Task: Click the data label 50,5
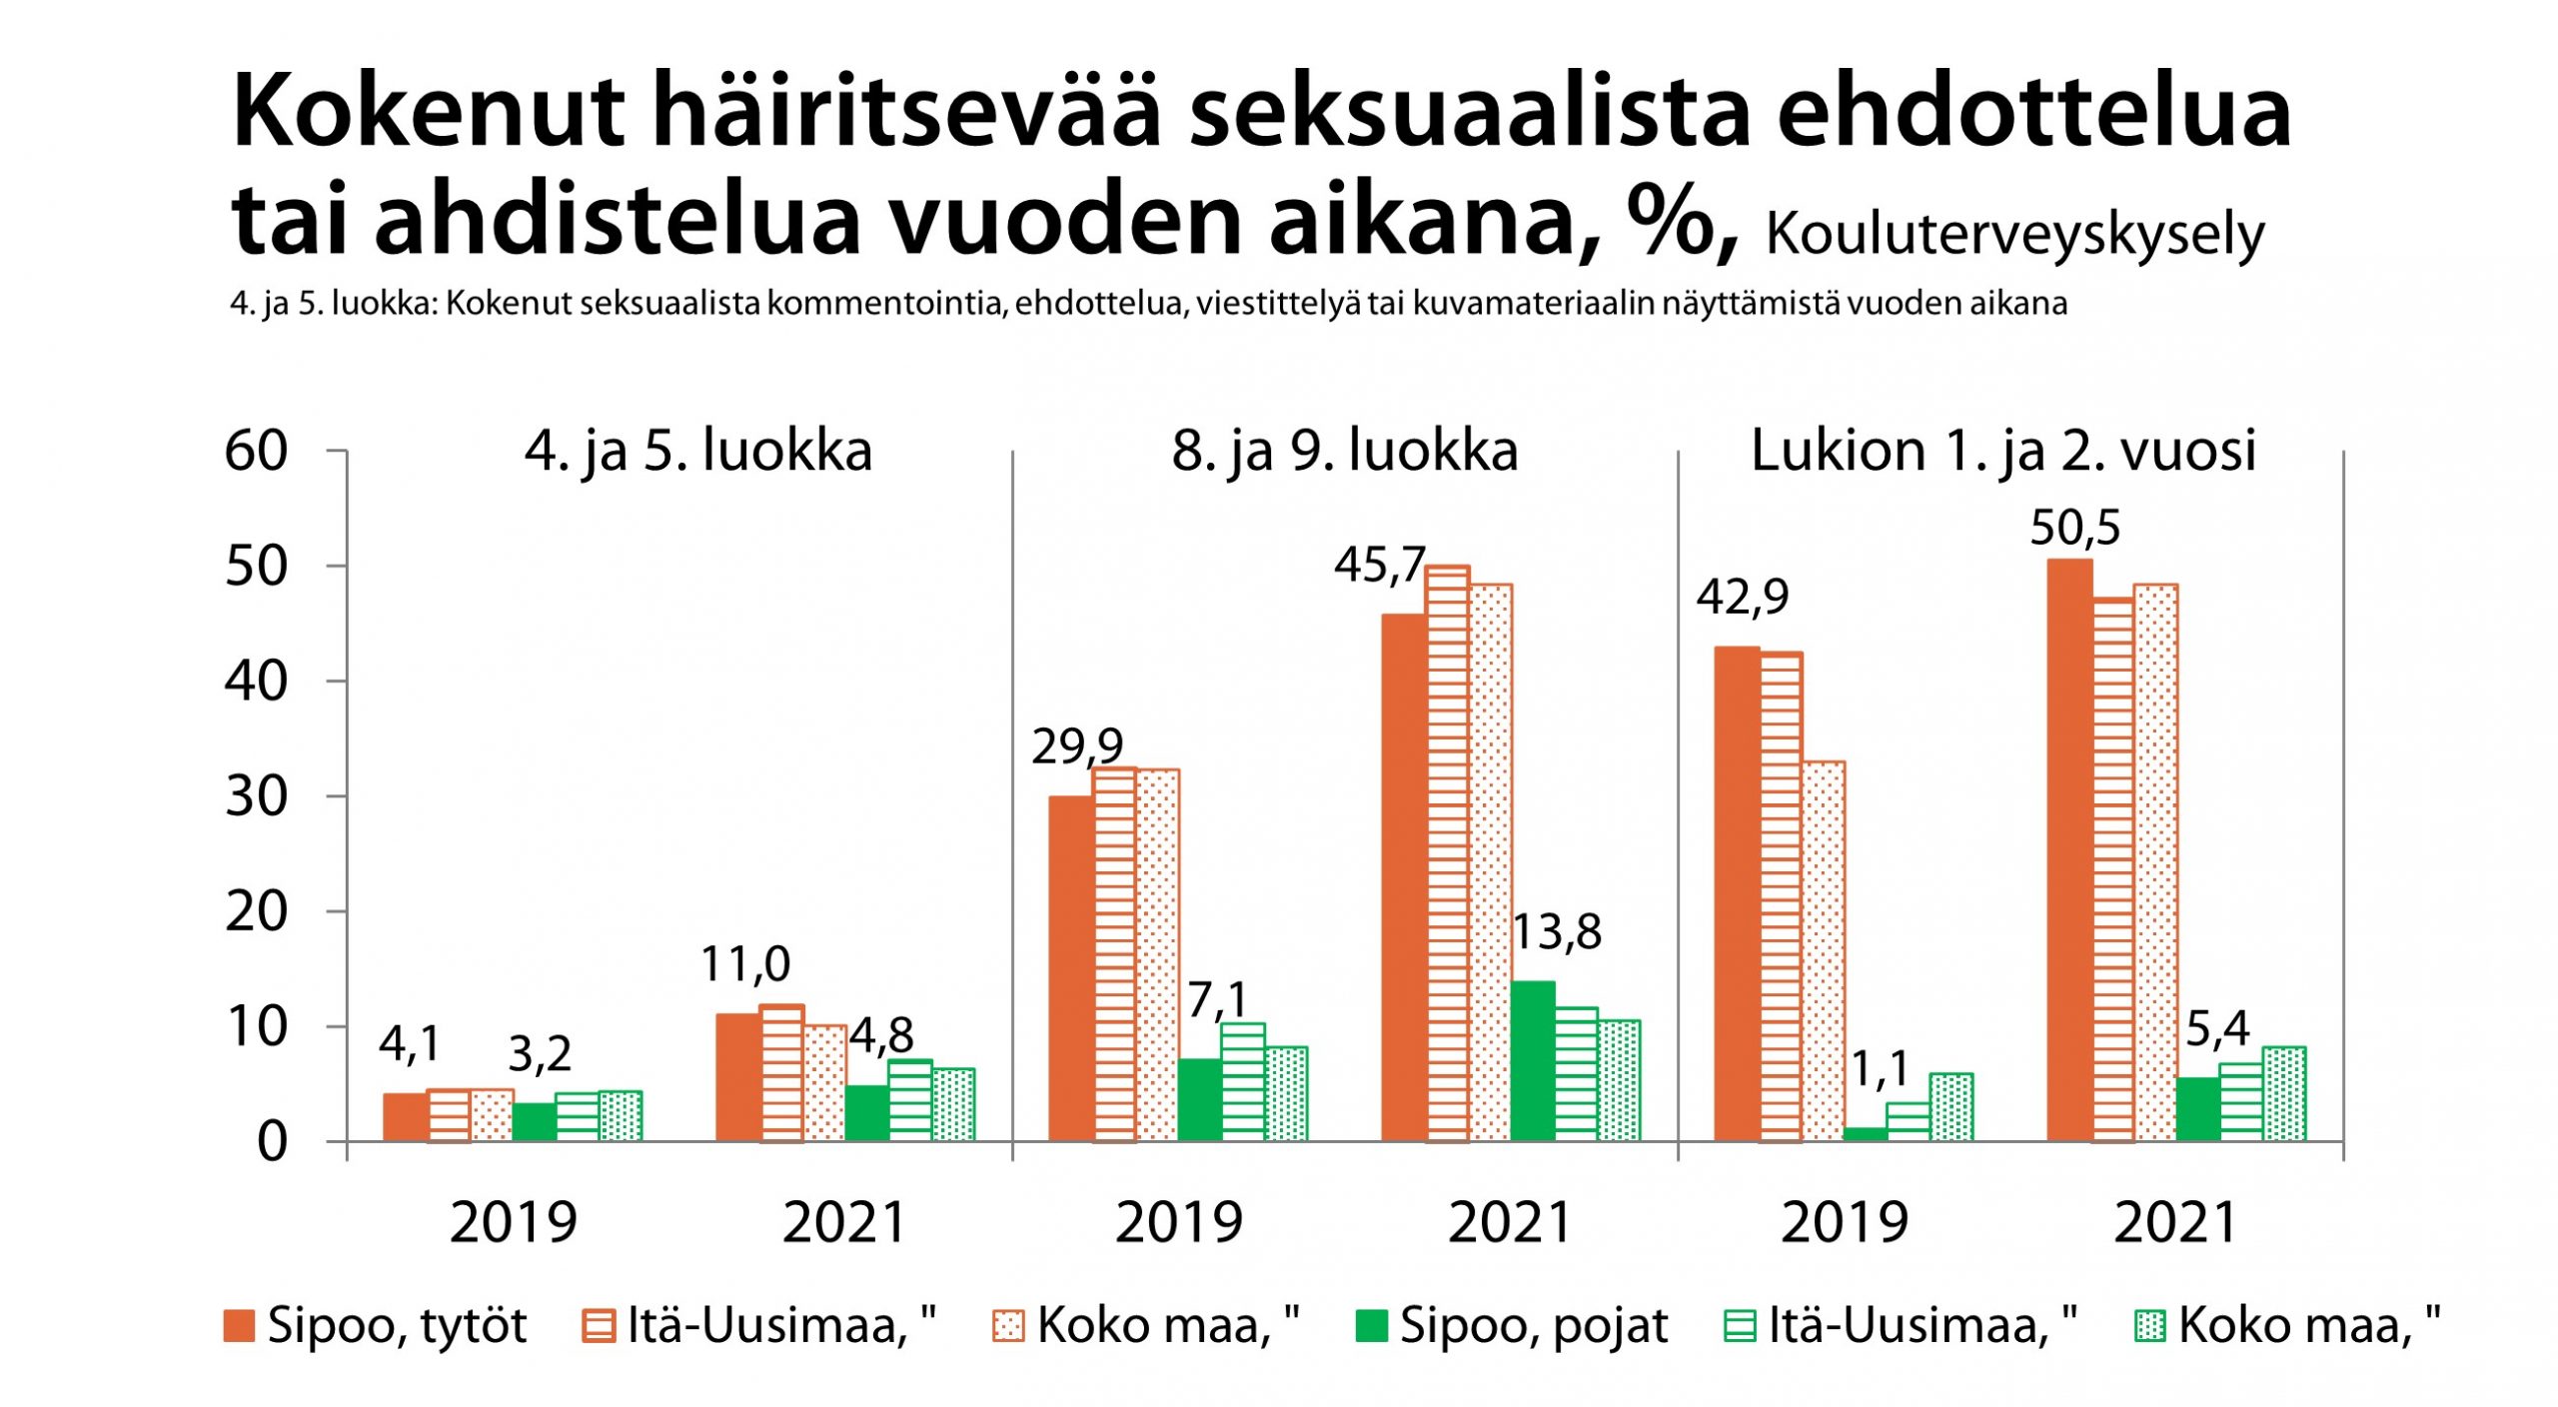2074,528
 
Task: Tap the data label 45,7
1379,566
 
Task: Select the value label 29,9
1077,746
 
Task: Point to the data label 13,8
1557,932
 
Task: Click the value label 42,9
1743,598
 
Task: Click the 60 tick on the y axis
256,452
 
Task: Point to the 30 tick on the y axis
256,797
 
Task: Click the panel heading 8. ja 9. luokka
1345,451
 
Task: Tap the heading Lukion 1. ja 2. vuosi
2002,451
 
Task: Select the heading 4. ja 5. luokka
698,451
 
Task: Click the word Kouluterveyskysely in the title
2014,235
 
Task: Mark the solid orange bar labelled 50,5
2069,849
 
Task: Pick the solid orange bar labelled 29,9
1071,968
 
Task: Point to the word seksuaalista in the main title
1469,112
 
